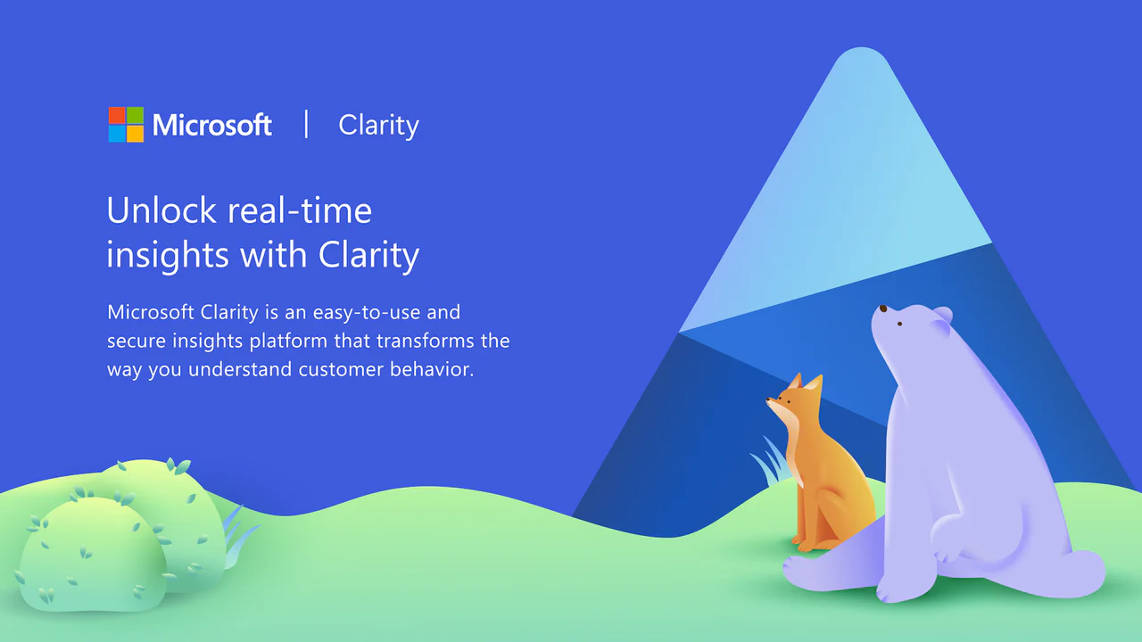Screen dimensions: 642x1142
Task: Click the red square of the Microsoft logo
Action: point(117,115)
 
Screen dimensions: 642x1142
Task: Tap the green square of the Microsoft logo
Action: point(135,115)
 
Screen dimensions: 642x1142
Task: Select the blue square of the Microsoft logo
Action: point(117,134)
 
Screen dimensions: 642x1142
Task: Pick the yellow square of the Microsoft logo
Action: point(135,134)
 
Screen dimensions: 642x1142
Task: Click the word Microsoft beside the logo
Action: point(212,125)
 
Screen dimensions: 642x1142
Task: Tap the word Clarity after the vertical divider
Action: point(378,126)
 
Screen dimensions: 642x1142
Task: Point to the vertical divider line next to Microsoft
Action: point(306,124)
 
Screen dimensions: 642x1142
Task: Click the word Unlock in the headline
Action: point(161,210)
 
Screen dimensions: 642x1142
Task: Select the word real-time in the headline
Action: point(300,210)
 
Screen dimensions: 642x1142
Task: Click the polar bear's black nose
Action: point(882,309)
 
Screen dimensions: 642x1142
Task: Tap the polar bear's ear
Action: point(942,315)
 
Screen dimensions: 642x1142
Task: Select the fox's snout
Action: point(771,401)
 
